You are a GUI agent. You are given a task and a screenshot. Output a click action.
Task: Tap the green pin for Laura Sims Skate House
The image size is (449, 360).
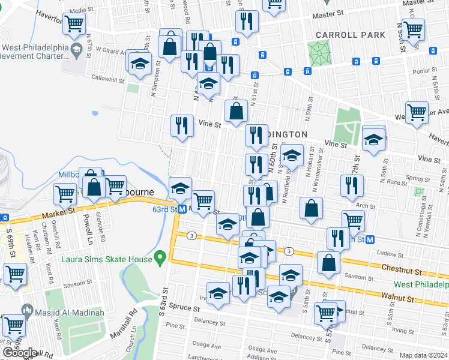(x=159, y=259)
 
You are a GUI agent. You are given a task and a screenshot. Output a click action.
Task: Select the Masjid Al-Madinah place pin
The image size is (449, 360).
(x=27, y=309)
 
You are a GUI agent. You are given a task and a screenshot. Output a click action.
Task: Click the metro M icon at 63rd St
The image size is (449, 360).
(x=182, y=209)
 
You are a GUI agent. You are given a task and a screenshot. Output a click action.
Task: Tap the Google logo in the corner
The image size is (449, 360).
(x=20, y=353)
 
